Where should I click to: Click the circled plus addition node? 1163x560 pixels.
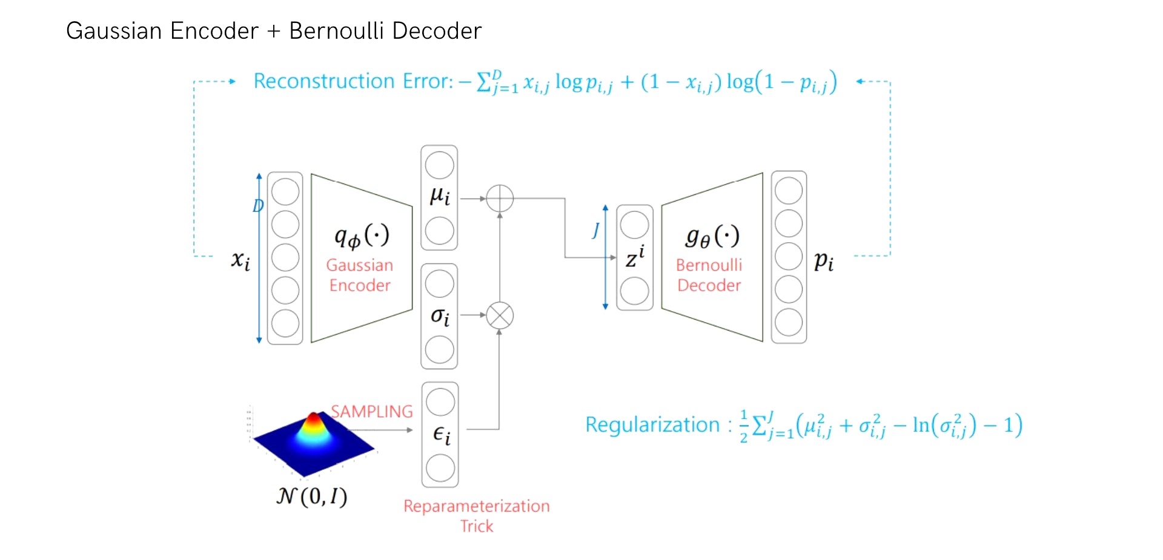[x=500, y=198]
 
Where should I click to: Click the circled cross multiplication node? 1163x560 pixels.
[x=500, y=315]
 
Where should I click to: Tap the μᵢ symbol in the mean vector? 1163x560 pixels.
[x=440, y=196]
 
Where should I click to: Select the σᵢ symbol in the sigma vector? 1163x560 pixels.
[x=440, y=316]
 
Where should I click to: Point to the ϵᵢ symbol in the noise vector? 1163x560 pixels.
[x=442, y=435]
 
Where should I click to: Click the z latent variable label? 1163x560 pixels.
[x=635, y=257]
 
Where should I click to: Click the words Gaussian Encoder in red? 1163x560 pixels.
[x=360, y=275]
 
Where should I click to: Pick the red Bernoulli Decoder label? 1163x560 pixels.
[x=709, y=275]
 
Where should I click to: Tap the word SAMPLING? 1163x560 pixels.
[x=371, y=412]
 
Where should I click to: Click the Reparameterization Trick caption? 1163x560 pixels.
[x=477, y=515]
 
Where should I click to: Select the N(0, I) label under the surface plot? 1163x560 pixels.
[x=312, y=496]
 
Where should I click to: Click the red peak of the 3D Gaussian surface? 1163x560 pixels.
[x=314, y=418]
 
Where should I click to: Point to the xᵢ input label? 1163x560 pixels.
[x=240, y=260]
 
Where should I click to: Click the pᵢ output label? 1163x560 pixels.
[x=823, y=261]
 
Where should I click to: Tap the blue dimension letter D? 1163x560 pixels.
[x=258, y=206]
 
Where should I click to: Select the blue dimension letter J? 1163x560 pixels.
[x=596, y=230]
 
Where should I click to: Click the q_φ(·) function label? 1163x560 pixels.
[x=362, y=236]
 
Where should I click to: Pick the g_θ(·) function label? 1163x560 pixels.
[x=712, y=236]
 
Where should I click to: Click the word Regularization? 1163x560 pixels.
[x=652, y=425]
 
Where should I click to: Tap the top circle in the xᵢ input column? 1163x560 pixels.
[x=285, y=192]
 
